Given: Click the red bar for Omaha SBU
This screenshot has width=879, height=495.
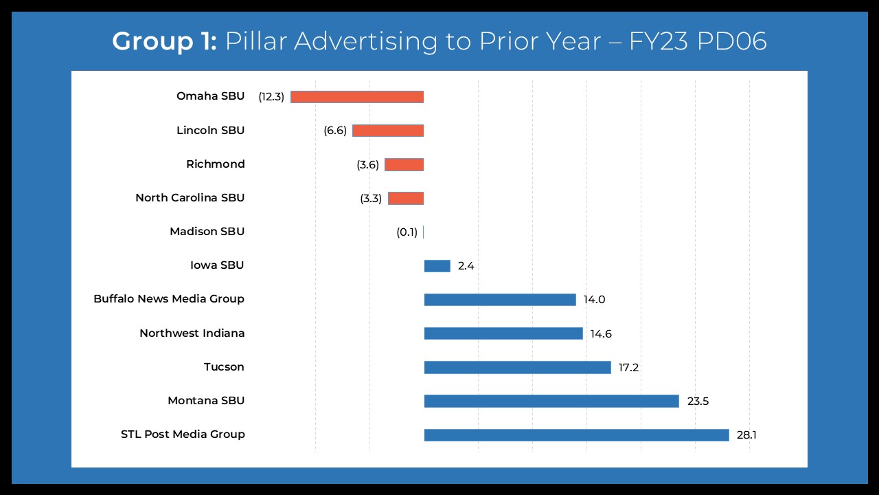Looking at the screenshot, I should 357,97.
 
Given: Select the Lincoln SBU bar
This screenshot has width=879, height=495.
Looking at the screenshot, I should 388,131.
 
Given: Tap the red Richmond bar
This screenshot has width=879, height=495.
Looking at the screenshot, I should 404,164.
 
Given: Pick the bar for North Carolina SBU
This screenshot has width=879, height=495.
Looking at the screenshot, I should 405,198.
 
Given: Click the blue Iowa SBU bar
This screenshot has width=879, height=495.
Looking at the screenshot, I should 437,266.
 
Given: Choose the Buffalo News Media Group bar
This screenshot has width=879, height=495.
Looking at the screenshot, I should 500,300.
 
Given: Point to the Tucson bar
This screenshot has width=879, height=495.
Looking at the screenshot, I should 517,367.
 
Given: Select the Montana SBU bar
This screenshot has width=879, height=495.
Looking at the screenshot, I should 551,401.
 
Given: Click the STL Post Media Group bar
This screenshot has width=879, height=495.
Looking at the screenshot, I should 576,434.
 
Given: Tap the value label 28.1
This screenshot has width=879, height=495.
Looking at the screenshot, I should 746,435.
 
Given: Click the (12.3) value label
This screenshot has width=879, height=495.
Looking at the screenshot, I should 271,97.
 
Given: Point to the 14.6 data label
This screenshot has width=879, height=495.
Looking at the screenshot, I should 601,334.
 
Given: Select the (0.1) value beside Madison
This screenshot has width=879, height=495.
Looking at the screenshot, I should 407,232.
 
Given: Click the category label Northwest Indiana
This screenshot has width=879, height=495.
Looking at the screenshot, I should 192,333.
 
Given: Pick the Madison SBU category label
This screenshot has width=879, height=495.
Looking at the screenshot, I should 207,232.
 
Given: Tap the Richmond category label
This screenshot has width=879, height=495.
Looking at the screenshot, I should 215,164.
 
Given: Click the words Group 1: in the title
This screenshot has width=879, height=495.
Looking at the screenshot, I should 165,41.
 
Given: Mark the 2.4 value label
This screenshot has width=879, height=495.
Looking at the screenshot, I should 466,266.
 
